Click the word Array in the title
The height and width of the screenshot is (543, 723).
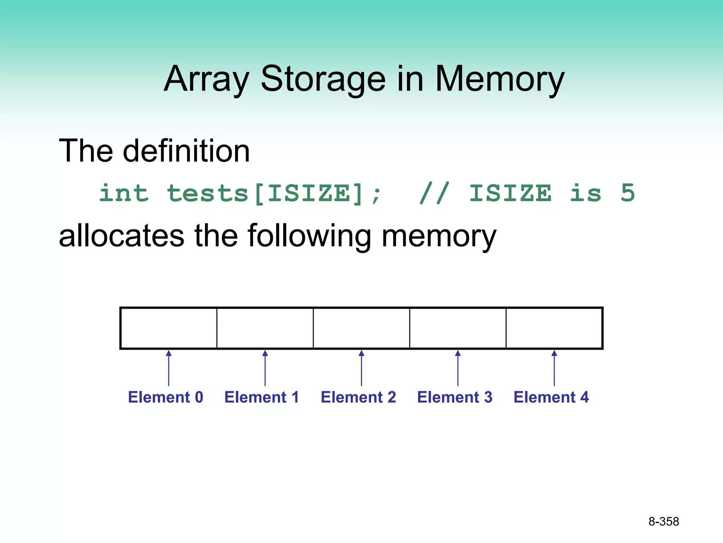[x=207, y=79]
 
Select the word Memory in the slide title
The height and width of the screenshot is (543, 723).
[x=500, y=79]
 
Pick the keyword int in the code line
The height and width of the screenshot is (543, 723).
[x=124, y=193]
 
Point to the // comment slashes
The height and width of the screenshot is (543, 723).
[x=435, y=193]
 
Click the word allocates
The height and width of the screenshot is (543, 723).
[x=121, y=236]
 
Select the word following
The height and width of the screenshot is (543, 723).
[x=309, y=236]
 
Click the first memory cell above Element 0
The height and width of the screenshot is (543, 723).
[x=169, y=328]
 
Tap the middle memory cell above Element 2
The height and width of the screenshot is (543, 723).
[x=361, y=328]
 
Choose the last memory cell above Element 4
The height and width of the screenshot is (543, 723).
[x=554, y=328]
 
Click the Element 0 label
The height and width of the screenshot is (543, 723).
[x=166, y=397]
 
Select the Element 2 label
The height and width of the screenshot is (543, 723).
[x=358, y=397]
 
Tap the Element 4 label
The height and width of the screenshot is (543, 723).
[x=551, y=397]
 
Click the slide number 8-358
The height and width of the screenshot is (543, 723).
[x=663, y=521]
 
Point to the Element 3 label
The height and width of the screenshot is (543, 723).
[x=455, y=397]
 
